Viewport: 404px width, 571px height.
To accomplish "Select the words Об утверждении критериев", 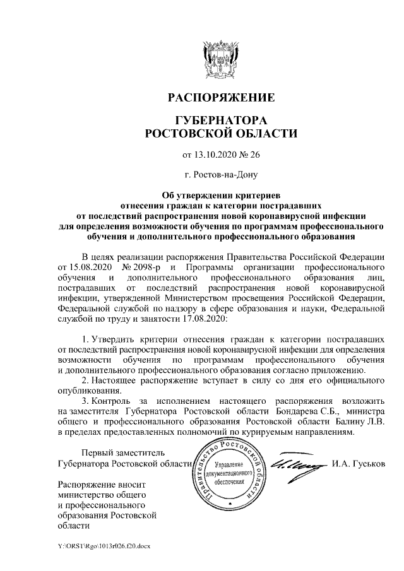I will click(220, 195).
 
